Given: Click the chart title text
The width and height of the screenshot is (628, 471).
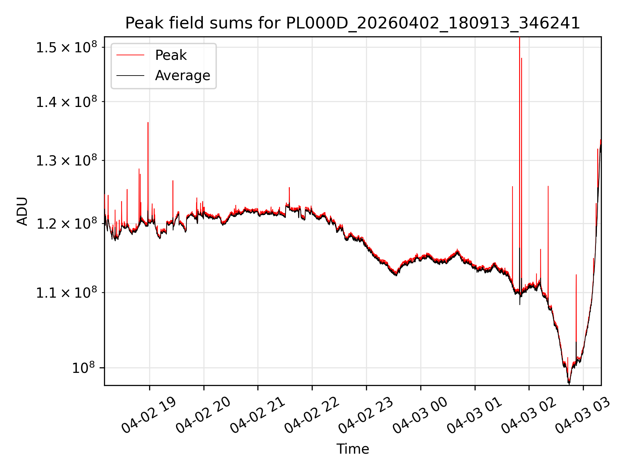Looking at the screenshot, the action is click(x=353, y=23).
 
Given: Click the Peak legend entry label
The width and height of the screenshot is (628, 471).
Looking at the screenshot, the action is click(x=171, y=55).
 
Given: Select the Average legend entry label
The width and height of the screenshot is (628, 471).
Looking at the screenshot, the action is click(x=183, y=76).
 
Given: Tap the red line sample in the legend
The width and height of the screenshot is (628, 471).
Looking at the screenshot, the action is click(x=130, y=55).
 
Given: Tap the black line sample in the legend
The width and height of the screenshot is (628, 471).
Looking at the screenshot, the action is click(x=130, y=76).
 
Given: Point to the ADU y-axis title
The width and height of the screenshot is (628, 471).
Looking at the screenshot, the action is click(x=22, y=211).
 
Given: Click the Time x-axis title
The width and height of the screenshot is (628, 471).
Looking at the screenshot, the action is click(x=353, y=449).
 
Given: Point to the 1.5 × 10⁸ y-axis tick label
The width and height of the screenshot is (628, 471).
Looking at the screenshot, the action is click(x=67, y=47).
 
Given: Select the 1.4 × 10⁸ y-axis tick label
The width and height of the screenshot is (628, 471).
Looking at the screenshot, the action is click(x=67, y=102).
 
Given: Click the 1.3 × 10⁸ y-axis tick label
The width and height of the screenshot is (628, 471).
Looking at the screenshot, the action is click(x=67, y=161).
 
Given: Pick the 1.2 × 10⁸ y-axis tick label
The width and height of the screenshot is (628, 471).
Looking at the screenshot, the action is click(x=67, y=224).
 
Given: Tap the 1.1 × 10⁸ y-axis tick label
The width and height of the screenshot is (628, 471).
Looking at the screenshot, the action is click(x=67, y=293).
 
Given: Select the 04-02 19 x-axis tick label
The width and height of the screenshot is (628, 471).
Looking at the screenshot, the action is click(x=149, y=415).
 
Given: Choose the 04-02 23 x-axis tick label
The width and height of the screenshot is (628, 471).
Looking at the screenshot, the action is click(x=366, y=415).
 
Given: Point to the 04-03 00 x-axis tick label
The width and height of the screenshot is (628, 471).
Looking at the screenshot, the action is click(x=420, y=415).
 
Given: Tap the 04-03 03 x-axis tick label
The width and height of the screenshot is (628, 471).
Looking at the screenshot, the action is click(x=583, y=415).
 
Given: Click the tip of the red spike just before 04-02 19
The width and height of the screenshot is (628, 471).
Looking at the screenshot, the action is click(x=148, y=122).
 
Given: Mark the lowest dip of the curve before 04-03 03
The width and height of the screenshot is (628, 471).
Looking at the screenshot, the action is click(x=569, y=383).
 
